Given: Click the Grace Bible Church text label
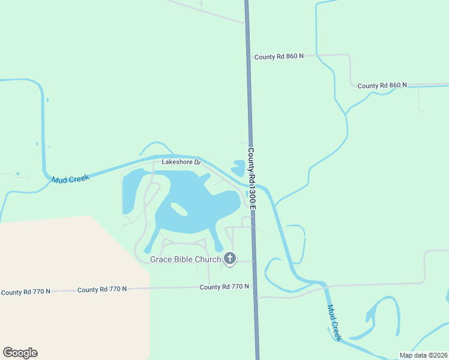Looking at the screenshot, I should pyautogui.click(x=185, y=259).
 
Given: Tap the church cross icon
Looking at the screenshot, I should pyautogui.click(x=229, y=259).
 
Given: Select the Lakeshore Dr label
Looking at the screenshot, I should pyautogui.click(x=181, y=162).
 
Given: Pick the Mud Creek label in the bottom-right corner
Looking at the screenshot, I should pyautogui.click(x=334, y=323).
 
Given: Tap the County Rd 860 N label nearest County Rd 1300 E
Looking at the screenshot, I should pyautogui.click(x=279, y=56).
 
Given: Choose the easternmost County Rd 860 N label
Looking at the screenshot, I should pyautogui.click(x=382, y=86).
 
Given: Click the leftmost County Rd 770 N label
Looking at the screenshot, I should pyautogui.click(x=25, y=292).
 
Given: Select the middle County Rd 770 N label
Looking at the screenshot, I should pyautogui.click(x=102, y=289).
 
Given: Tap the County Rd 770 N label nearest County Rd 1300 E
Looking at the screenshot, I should pyautogui.click(x=224, y=287).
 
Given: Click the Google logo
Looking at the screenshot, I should pyautogui.click(x=20, y=353).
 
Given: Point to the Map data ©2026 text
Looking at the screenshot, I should pyautogui.click(x=423, y=355).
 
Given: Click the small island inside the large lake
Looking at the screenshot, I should pyautogui.click(x=178, y=209).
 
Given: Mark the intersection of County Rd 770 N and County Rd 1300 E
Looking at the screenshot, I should pyautogui.click(x=255, y=287).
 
